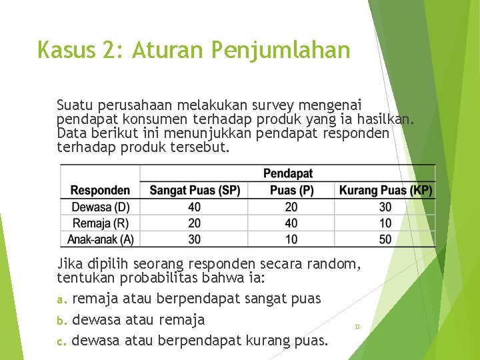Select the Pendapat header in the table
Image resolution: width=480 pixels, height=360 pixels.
coord(287,173)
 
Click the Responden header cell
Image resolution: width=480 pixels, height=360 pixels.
coord(100,190)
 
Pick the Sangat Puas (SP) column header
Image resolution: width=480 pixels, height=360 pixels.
coord(195,190)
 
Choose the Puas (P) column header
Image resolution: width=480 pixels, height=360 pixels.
coord(291,190)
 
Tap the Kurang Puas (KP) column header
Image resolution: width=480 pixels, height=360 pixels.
coord(385,190)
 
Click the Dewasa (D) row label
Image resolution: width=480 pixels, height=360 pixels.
coord(101,207)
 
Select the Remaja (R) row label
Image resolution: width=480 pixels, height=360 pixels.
coord(101,223)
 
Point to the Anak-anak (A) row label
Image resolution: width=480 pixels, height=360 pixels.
coord(101,239)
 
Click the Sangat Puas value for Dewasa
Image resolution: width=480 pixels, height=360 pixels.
coord(195,207)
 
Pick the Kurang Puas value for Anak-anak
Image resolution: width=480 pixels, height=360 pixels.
coord(385,239)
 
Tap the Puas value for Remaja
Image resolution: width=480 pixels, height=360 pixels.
coord(291,223)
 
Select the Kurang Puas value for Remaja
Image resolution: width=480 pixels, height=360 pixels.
coord(385,223)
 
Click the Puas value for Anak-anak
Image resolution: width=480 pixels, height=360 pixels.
coord(291,239)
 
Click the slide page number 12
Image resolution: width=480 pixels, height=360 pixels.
coord(357,327)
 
